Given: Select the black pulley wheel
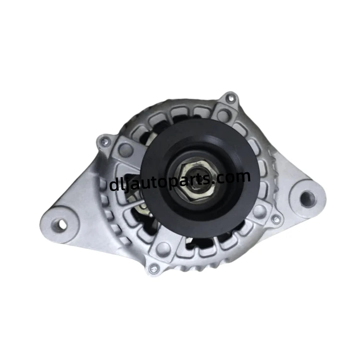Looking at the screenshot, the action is click(x=200, y=177).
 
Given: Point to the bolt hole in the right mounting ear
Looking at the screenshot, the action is click(x=307, y=198).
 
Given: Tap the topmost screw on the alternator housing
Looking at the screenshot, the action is click(x=230, y=99).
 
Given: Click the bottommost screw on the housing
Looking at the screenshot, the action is click(x=154, y=268).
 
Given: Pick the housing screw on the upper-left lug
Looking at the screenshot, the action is click(x=106, y=142).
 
